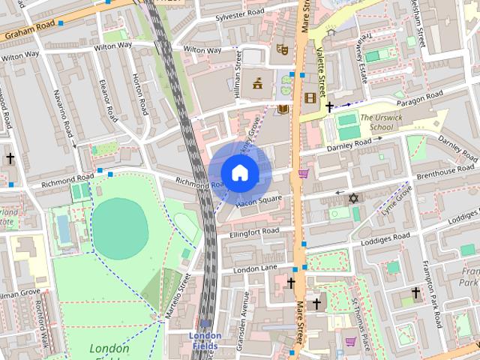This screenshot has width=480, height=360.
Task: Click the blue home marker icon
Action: tap(239, 173)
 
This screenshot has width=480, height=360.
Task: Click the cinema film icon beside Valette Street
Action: tap(310, 97)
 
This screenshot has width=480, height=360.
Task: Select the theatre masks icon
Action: tap(283, 50)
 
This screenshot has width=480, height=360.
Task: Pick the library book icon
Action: tap(283, 110)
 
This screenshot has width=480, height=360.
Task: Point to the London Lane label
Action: tap(255, 268)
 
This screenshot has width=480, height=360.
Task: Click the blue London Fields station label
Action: tap(205, 340)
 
